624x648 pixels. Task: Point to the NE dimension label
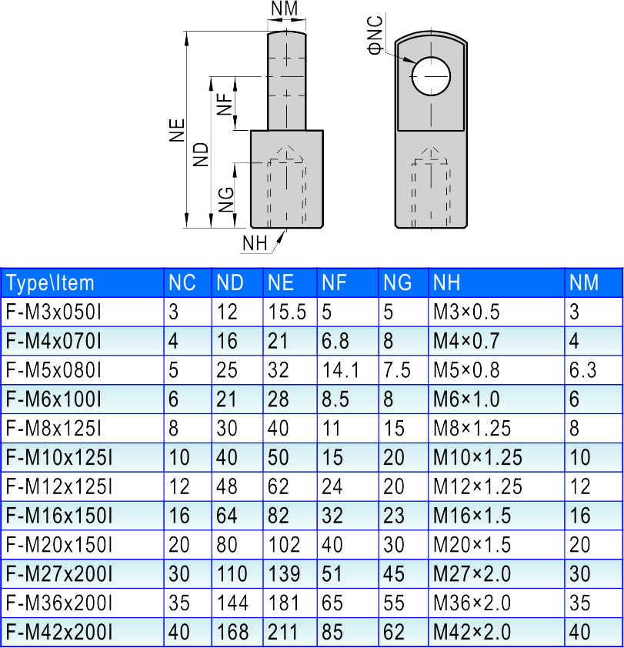point(177,130)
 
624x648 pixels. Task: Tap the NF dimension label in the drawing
point(225,102)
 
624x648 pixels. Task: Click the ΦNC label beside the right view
point(375,35)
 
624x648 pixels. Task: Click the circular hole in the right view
point(431,75)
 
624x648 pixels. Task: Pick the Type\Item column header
point(51,283)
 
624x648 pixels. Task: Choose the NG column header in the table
point(397,283)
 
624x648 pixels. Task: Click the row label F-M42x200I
point(59,633)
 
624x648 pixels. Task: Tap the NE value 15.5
point(287,312)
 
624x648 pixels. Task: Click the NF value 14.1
point(341,370)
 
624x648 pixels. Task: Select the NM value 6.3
point(582,370)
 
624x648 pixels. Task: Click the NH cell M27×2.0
point(472,574)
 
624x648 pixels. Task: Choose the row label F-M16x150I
point(59,516)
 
